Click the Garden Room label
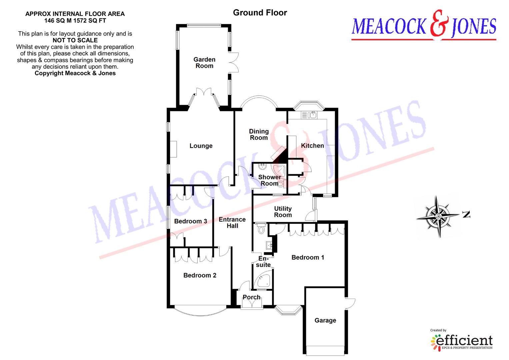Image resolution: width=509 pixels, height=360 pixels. [x=204, y=63]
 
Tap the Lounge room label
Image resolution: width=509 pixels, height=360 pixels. [x=201, y=146]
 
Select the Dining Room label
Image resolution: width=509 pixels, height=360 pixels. [x=259, y=135]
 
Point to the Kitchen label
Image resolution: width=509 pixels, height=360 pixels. [x=312, y=146]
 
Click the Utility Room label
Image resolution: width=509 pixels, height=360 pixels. [x=283, y=212]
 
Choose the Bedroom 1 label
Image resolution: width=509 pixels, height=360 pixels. [x=308, y=257]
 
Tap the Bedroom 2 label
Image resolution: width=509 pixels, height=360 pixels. [x=200, y=275]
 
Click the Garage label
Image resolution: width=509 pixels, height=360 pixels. [x=325, y=320]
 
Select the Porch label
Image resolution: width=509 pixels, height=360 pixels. [x=251, y=297]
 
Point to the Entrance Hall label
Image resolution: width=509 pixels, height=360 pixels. [x=232, y=223]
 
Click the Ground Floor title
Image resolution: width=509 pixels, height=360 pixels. [x=260, y=13]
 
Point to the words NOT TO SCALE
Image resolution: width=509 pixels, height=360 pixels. [x=75, y=40]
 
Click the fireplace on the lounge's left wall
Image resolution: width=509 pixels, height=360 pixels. [x=174, y=149]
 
